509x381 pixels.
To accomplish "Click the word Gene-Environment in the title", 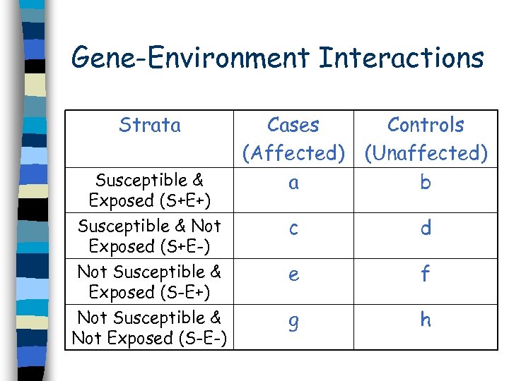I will coord(190,58).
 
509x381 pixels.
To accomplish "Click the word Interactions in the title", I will coord(401,58).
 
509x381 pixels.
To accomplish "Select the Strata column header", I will coord(149,126).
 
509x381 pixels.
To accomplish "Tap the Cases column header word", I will coord(293,126).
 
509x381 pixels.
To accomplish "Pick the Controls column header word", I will coord(426,126).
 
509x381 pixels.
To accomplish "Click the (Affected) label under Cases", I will coord(293,153).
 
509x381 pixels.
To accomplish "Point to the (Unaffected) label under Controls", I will coord(426,153).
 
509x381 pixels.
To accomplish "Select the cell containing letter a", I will coord(293,183).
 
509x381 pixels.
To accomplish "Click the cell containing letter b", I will coord(426,183).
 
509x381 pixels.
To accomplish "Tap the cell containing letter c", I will coord(293,229).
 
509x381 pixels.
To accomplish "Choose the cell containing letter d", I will coord(426,228).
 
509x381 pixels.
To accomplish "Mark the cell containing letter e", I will coord(293,275).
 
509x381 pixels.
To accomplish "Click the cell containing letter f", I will coord(426,274).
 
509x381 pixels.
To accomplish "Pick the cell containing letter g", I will coord(293,322).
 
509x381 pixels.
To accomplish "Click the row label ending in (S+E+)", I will coord(149,190).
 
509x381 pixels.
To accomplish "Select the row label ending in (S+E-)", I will coord(149,236).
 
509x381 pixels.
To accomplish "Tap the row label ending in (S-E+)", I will coord(149,282).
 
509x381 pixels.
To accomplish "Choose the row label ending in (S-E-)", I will coord(149,328).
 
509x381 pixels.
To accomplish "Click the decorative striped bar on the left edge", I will coord(32,190).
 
